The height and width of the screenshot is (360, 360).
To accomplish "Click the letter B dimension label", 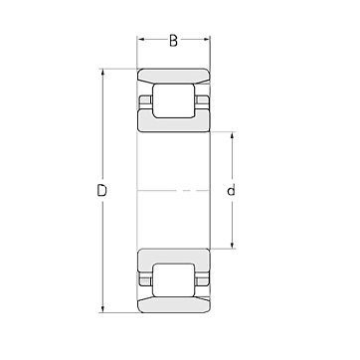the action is click(173, 41).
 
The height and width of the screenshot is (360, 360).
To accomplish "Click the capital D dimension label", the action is click(102, 191).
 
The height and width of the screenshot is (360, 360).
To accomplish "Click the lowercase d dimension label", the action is click(232, 190).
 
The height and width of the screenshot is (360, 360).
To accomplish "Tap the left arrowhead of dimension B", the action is click(140, 39).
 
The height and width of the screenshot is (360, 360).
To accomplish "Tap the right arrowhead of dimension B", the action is click(207, 39).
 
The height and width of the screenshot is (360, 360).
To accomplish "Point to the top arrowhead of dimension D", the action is click(102, 73).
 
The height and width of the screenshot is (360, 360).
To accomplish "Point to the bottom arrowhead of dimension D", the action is click(102, 309).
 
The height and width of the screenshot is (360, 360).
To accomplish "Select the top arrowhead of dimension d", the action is click(232, 135).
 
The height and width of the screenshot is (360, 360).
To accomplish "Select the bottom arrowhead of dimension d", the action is click(232, 245).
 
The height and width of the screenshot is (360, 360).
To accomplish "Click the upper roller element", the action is click(173, 100).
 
